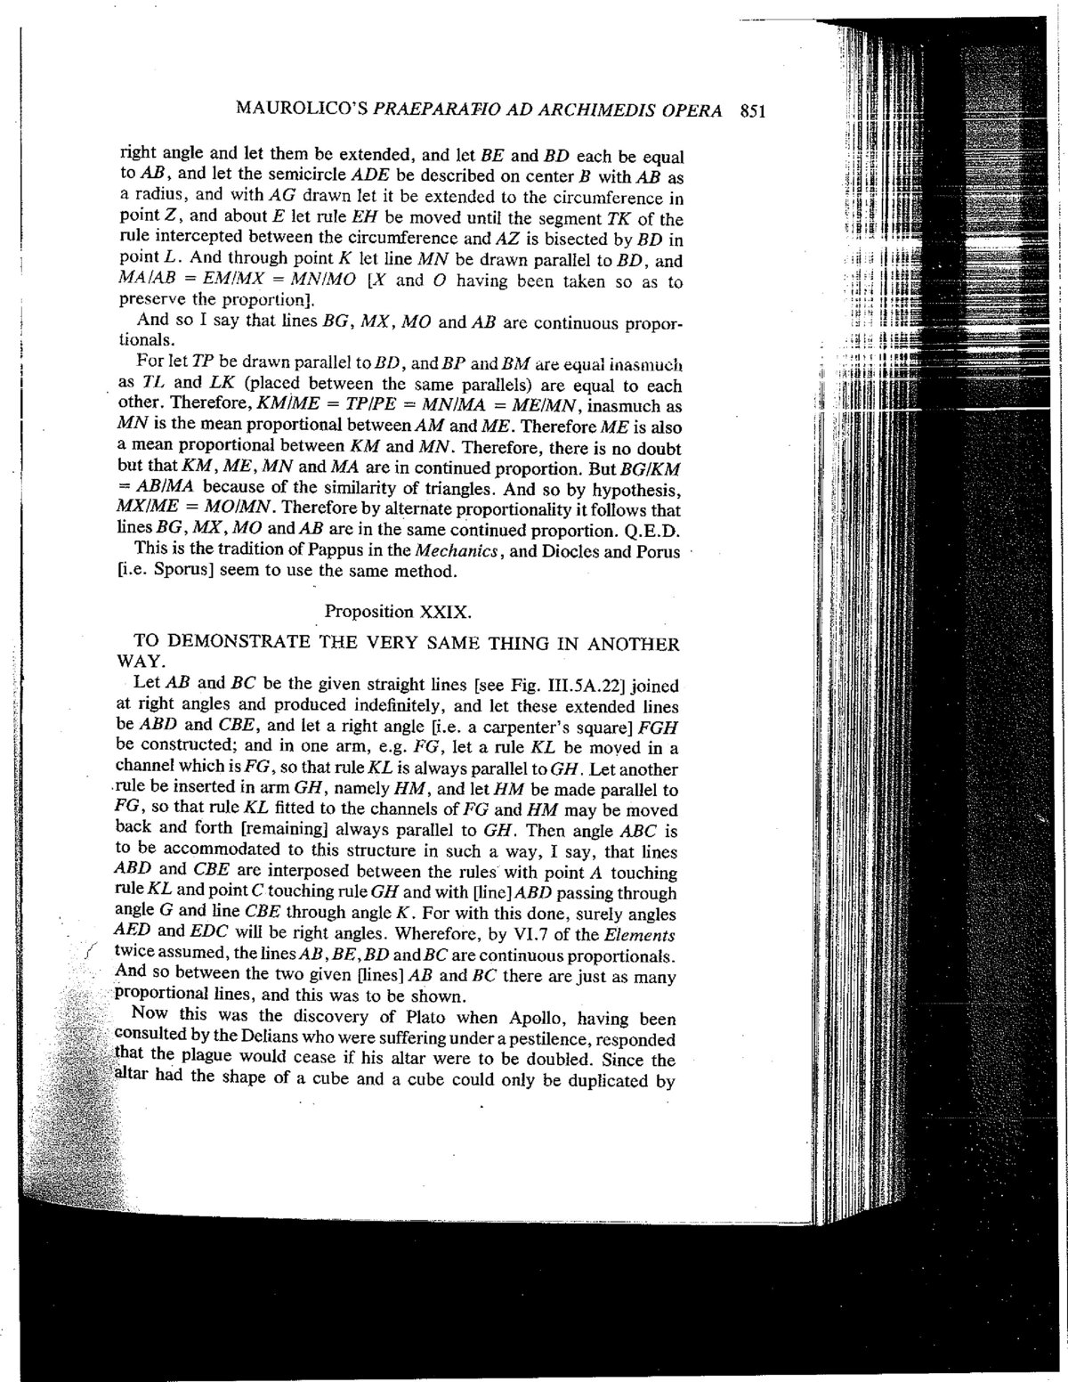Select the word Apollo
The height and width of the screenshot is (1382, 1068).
tap(540, 1017)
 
